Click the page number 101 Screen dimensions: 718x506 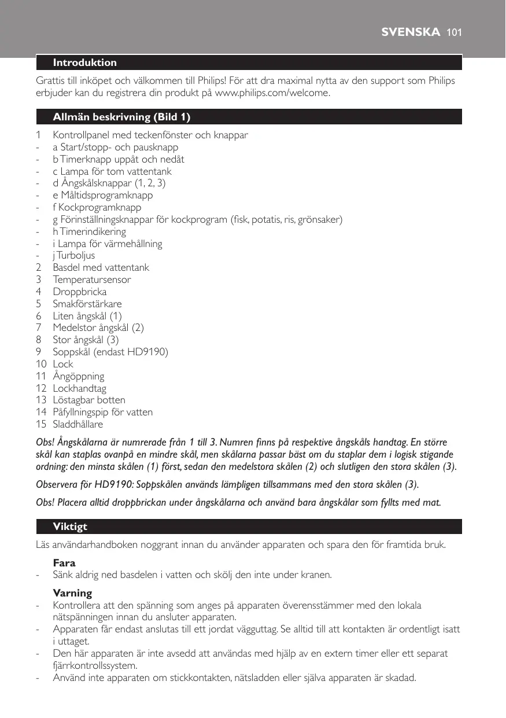pyautogui.click(x=454, y=32)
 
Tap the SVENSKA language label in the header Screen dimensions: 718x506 pyautogui.click(x=411, y=32)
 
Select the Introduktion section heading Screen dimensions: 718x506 pyautogui.click(x=84, y=62)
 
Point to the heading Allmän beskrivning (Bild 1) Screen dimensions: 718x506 pyautogui.click(x=121, y=117)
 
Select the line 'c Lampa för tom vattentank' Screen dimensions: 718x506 pyautogui.click(x=112, y=171)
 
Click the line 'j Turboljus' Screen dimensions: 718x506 pyautogui.click(x=74, y=255)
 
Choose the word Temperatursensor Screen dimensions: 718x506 pyautogui.click(x=92, y=279)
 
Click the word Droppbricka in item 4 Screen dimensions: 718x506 pyautogui.click(x=80, y=292)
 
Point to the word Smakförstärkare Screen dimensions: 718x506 pyautogui.click(x=87, y=304)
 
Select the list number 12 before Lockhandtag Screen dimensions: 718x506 pyautogui.click(x=40, y=388)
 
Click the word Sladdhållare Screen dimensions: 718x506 pyautogui.click(x=78, y=424)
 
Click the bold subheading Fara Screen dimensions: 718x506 pyautogui.click(x=64, y=562)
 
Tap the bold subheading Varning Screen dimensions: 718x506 pyautogui.click(x=72, y=593)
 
